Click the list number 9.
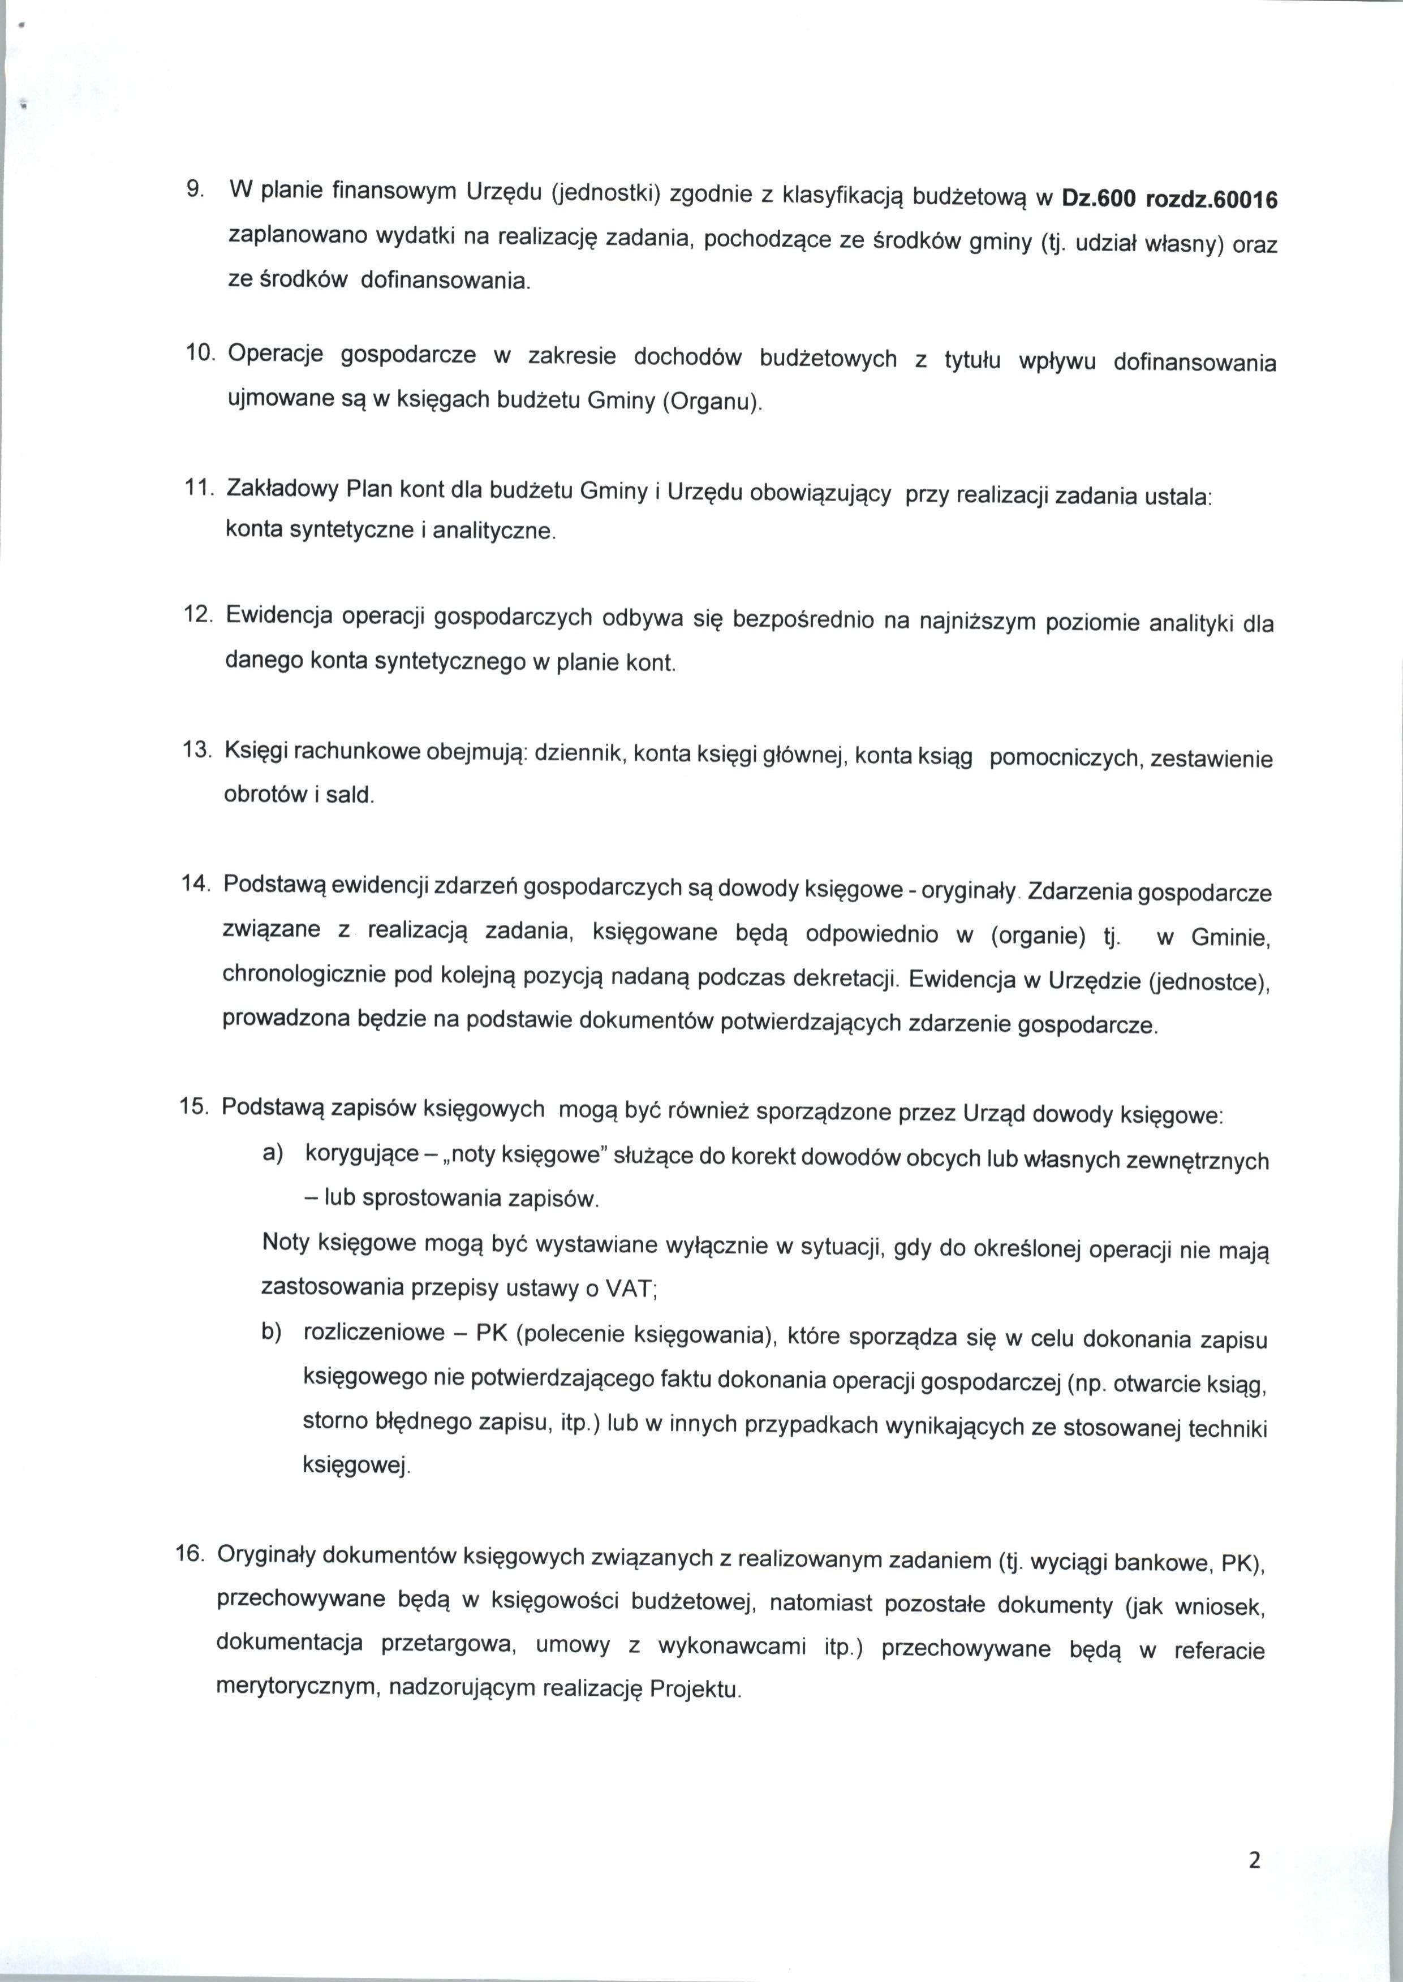(195, 189)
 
